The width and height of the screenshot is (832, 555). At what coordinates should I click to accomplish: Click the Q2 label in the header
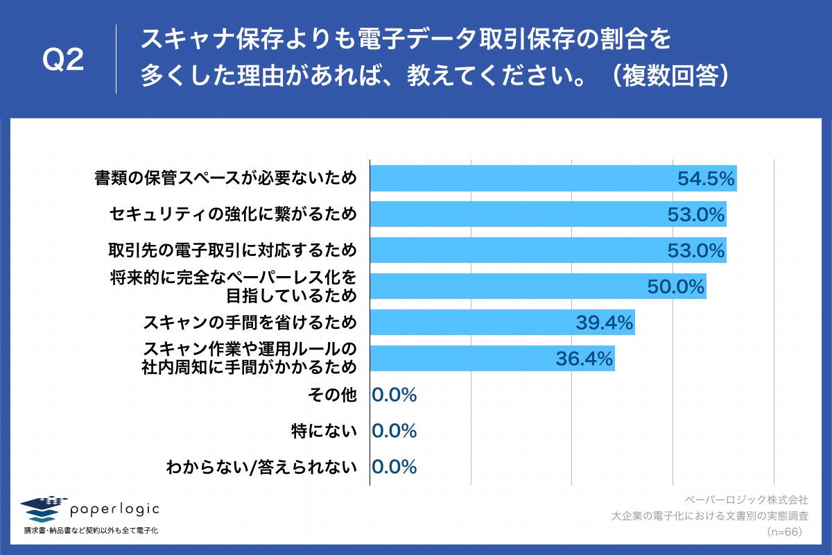(x=63, y=61)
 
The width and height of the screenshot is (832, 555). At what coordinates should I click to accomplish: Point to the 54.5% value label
(x=705, y=179)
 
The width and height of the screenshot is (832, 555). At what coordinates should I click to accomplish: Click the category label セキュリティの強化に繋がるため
(x=233, y=214)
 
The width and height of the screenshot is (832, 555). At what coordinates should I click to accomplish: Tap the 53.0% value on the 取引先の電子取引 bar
(x=695, y=250)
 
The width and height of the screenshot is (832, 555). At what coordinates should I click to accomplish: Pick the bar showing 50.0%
(x=537, y=286)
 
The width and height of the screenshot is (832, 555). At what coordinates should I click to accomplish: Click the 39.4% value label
(x=604, y=323)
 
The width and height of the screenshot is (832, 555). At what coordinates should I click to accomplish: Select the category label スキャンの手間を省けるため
(x=250, y=323)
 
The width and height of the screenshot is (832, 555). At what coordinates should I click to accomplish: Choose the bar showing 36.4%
(x=492, y=358)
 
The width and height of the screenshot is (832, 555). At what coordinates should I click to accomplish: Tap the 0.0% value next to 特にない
(x=394, y=431)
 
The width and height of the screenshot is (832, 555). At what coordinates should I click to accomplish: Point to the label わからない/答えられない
(x=261, y=467)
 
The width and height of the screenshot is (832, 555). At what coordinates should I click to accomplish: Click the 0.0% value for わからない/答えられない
(x=394, y=467)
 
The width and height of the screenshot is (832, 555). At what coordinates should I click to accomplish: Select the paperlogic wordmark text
(x=115, y=510)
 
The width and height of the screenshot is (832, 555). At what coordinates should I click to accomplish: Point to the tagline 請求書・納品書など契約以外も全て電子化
(x=91, y=531)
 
